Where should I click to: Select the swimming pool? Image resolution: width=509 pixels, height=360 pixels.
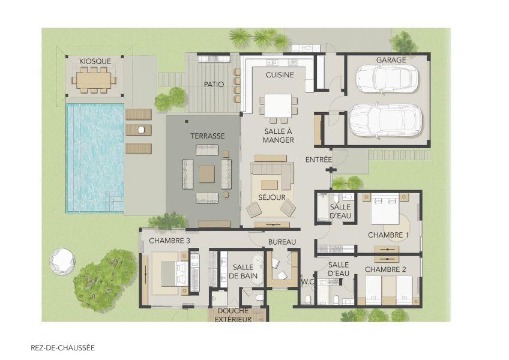(x=94, y=157)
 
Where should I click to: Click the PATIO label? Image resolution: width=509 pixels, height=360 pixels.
(x=214, y=85)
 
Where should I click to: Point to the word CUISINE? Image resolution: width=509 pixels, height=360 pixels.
(x=279, y=75)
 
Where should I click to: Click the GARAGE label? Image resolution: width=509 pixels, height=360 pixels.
(x=391, y=60)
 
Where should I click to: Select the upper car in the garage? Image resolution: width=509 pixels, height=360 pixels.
(x=387, y=78)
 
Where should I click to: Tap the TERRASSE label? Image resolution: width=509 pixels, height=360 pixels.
(x=208, y=136)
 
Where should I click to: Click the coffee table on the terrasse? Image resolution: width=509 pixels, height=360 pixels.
(x=206, y=174)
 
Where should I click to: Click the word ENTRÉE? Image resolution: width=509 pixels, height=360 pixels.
(x=318, y=160)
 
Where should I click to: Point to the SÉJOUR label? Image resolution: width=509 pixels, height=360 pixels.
(x=271, y=197)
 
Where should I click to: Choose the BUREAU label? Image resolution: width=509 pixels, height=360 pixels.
(x=282, y=242)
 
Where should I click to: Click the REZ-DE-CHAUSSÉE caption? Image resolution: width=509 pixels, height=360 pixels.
(x=62, y=347)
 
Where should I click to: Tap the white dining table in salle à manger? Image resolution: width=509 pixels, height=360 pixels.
(x=278, y=107)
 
